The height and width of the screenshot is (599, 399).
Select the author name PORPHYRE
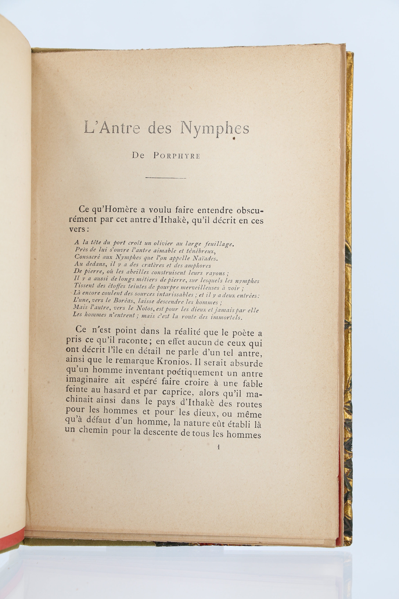pyautogui.click(x=177, y=156)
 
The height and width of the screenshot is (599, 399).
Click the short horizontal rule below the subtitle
pyautogui.click(x=166, y=178)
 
